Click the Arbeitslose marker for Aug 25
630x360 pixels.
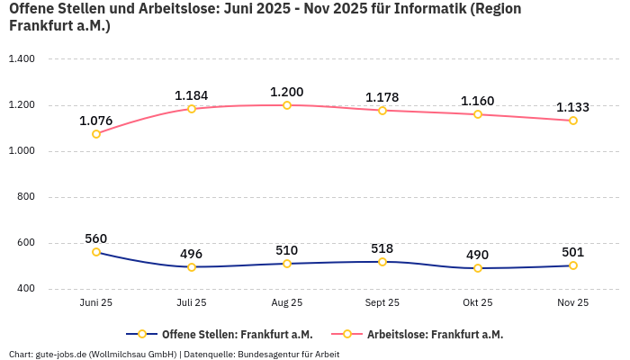tap(287, 105)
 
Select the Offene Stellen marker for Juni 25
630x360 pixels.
tap(96, 252)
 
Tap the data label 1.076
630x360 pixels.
tap(96, 121)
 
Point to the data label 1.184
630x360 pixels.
tap(192, 95)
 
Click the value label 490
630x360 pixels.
tap(478, 255)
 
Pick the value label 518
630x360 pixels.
tap(382, 248)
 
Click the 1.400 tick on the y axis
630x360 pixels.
tap(21, 58)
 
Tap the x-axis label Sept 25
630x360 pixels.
tap(382, 303)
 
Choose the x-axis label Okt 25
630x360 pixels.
tap(478, 303)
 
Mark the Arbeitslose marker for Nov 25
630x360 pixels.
tap(573, 121)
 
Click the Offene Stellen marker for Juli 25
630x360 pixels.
tap(192, 267)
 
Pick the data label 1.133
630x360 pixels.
tap(573, 107)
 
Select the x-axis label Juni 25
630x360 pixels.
tap(96, 303)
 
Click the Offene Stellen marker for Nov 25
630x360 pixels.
tap(573, 265)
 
